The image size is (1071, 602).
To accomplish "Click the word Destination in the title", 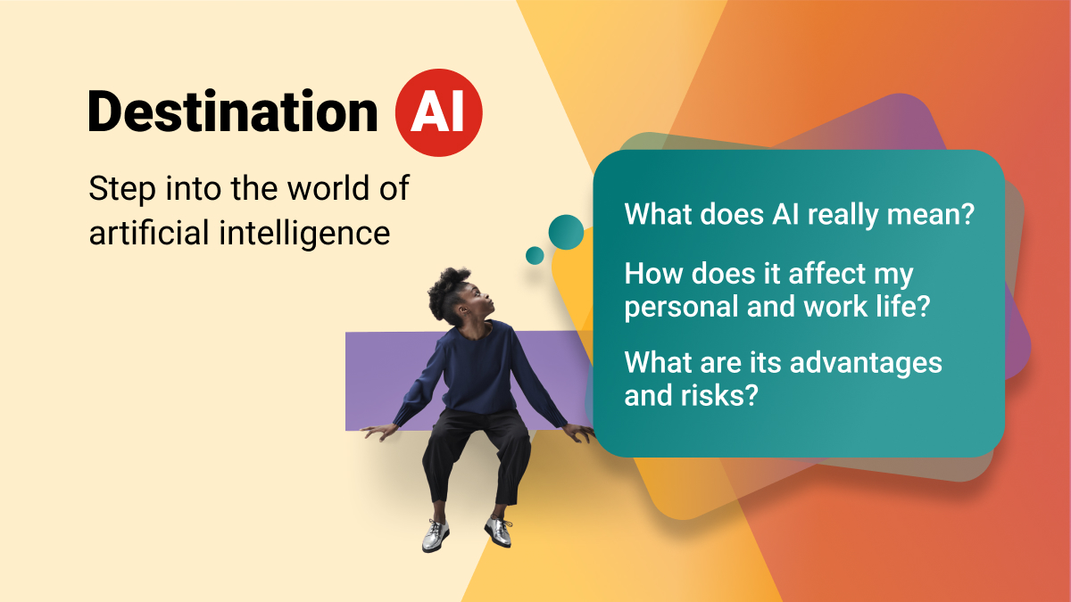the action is [x=233, y=111].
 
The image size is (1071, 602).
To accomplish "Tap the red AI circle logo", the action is [x=438, y=112].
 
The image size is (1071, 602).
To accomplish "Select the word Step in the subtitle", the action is [x=122, y=190].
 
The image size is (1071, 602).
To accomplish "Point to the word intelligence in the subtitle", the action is [x=304, y=234].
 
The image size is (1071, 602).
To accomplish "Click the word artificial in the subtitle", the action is [x=149, y=232].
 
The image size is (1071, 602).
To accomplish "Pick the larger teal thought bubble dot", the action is [x=566, y=232].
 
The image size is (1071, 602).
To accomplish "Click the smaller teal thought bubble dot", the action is [x=535, y=256].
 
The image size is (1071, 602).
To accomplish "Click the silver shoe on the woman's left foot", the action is [x=499, y=531].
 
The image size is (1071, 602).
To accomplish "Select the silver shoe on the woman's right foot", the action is [x=436, y=536].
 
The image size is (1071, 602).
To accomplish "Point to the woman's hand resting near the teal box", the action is [x=579, y=433].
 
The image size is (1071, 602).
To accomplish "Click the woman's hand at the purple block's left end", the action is [x=380, y=432].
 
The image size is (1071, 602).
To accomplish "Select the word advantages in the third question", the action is [x=866, y=364].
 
